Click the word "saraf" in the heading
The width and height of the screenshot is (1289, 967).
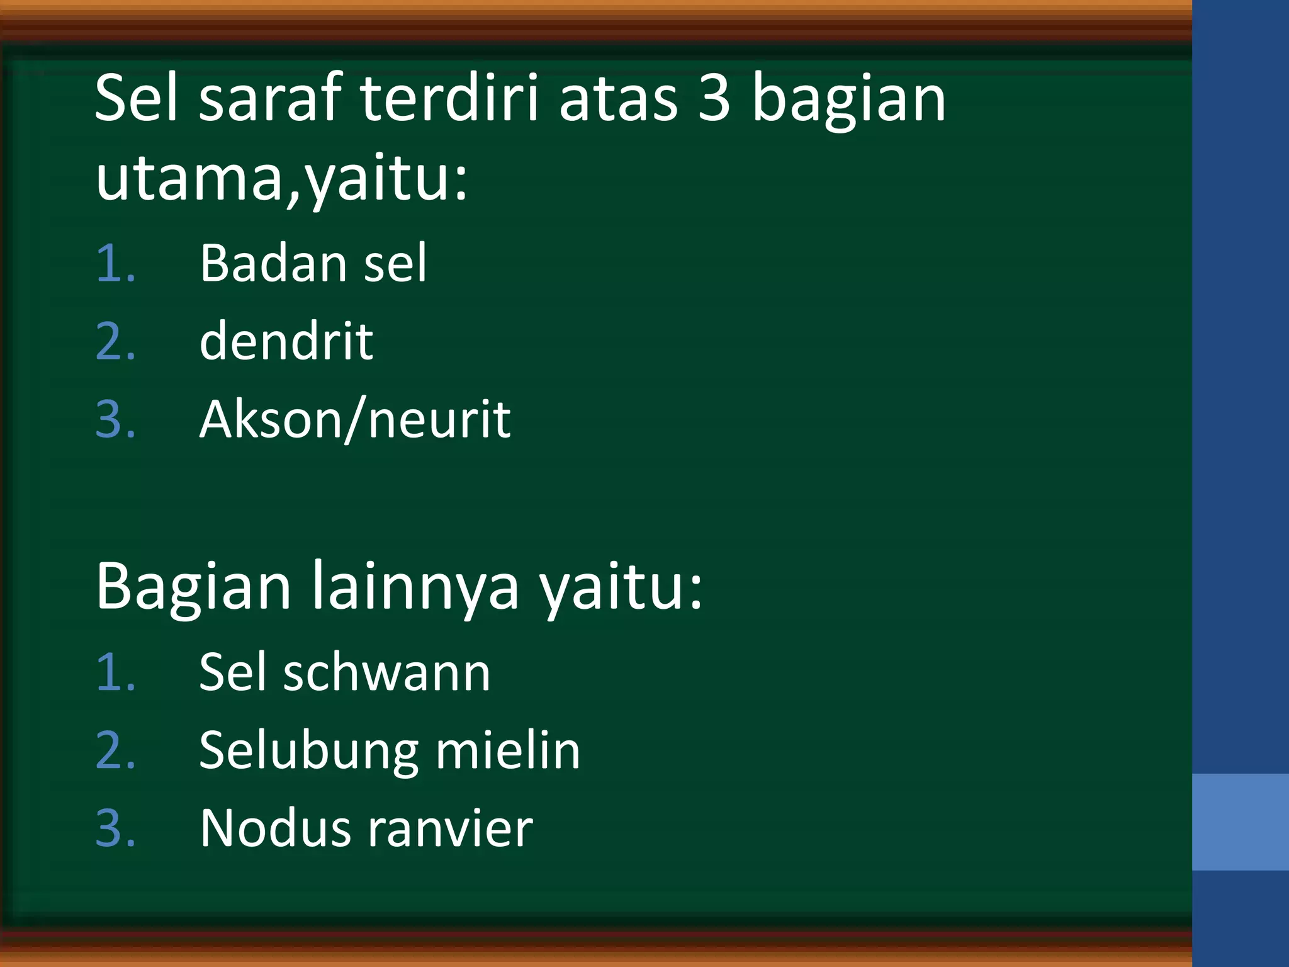(x=271, y=99)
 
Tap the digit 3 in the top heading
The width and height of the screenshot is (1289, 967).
(x=714, y=99)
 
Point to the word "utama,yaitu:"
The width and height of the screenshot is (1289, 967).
(x=282, y=179)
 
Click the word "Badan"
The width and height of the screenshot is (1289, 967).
(x=273, y=263)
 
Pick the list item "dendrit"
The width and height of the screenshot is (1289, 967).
(x=286, y=341)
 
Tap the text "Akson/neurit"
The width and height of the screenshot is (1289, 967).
(x=355, y=419)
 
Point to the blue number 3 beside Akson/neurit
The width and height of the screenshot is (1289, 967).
(x=115, y=420)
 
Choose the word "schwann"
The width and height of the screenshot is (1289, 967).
(x=386, y=672)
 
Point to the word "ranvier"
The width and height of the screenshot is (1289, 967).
(x=450, y=828)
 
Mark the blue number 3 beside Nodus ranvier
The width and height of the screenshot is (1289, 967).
(x=115, y=828)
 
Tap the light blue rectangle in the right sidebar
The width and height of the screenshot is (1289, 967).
(x=1240, y=822)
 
